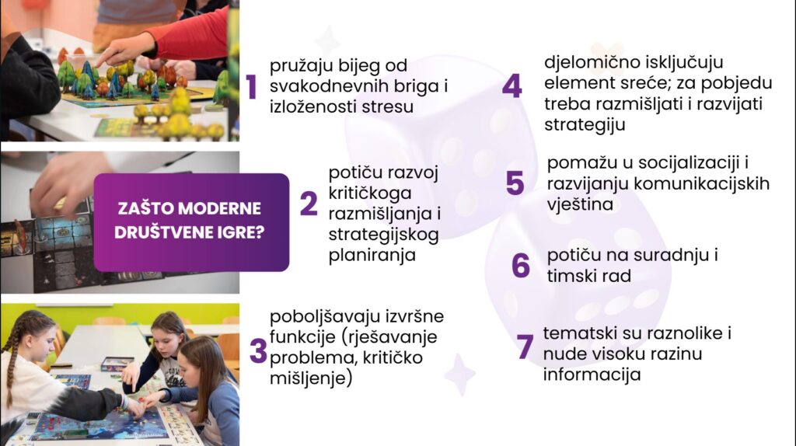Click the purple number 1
point(252,86)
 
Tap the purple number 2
point(309,204)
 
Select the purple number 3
point(258,350)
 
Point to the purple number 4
point(511,85)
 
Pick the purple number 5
point(515,183)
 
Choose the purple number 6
point(521,266)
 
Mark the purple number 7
point(525,347)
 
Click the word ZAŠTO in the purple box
point(145,209)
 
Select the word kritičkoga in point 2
point(370,193)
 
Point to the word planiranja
point(372,256)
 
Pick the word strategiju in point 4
point(585,125)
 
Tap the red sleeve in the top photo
point(193,37)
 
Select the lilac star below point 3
point(460,375)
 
